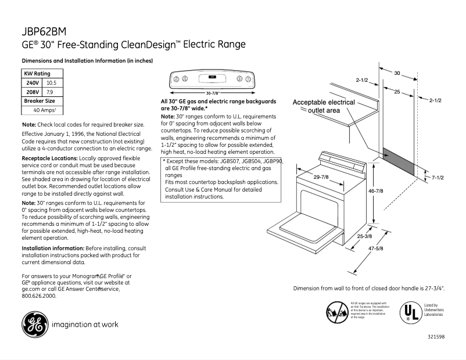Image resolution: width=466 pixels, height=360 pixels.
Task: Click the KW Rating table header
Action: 37,74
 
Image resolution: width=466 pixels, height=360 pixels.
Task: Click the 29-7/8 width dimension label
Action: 322,177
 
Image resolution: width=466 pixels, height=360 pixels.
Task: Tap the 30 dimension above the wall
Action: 397,73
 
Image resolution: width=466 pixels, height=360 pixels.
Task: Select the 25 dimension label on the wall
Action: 396,92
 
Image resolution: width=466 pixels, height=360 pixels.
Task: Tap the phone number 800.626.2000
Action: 38,296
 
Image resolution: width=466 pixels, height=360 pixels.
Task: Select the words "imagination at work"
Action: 88,325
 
